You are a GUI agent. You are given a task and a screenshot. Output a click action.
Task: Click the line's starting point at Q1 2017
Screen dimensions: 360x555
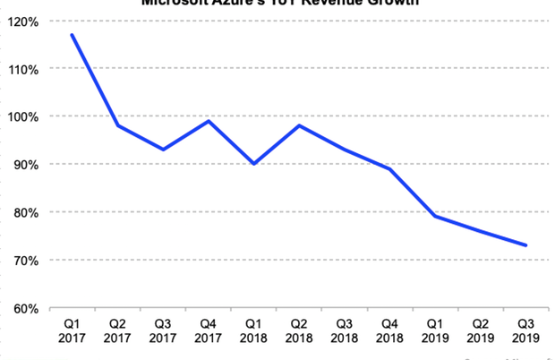(72, 35)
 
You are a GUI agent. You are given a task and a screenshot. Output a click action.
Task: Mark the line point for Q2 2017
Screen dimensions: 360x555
(117, 125)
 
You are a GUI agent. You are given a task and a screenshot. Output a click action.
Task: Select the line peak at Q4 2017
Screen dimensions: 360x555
(209, 121)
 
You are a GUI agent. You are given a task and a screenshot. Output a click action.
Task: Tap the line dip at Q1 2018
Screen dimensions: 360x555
(254, 164)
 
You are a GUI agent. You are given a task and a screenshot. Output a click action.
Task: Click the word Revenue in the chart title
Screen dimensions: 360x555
(330, 3)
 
